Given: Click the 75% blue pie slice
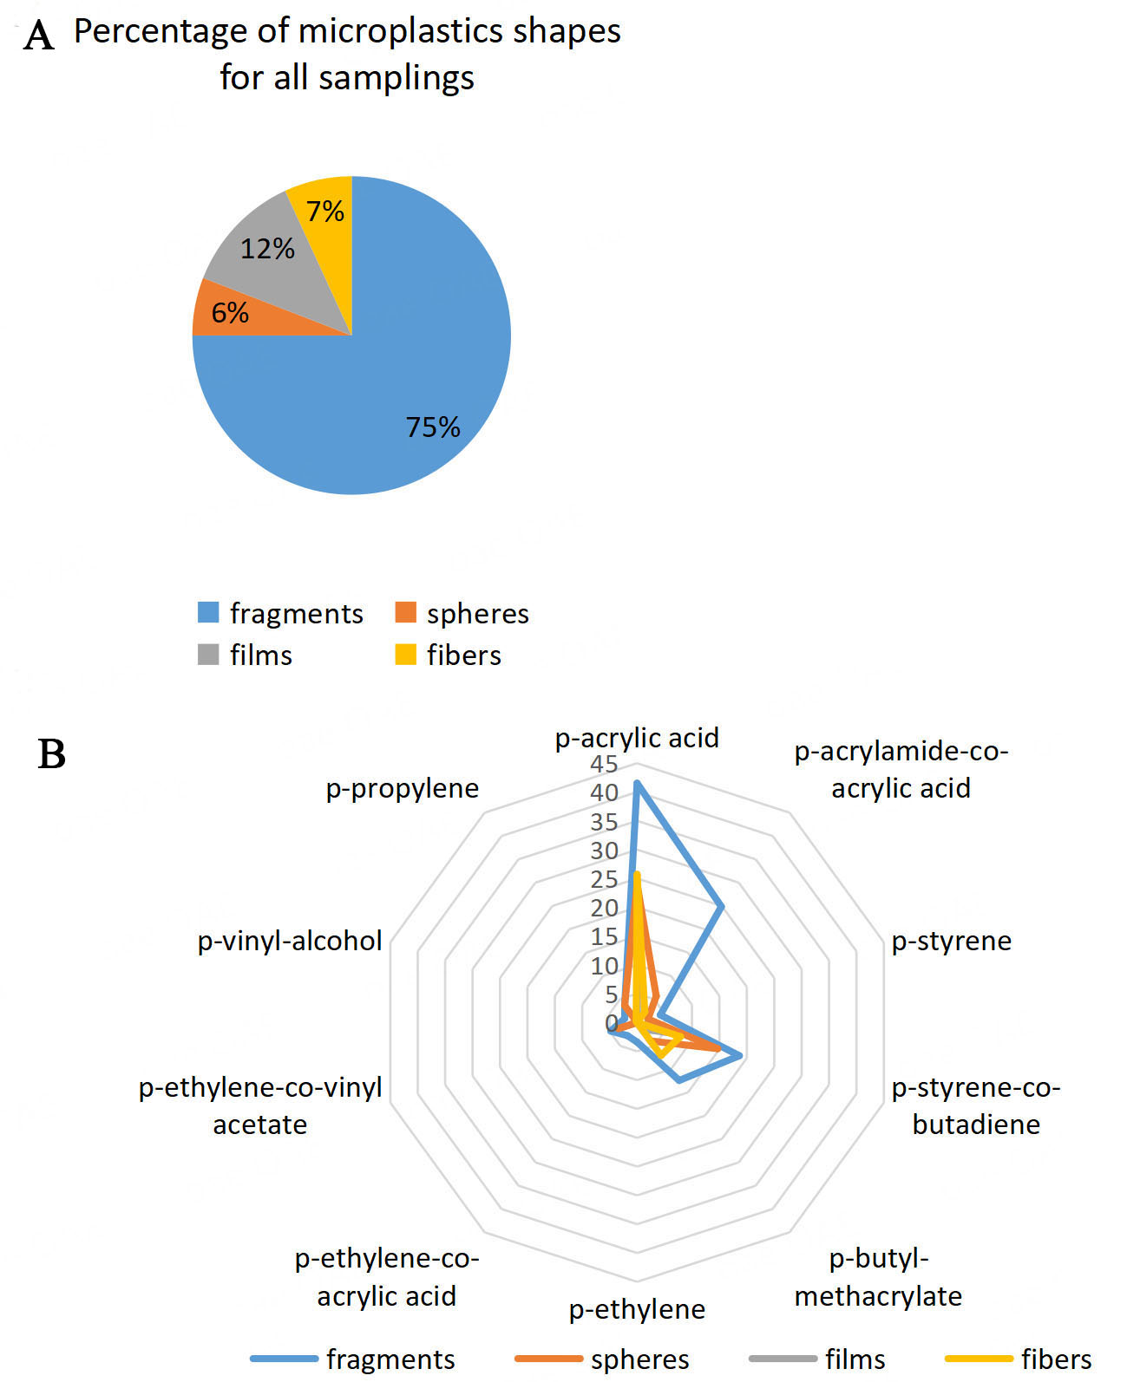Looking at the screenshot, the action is [x=390, y=389].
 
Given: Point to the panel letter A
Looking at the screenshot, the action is [x=38, y=36].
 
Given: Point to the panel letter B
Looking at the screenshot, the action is [x=52, y=754].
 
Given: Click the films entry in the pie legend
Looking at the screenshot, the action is [x=246, y=655].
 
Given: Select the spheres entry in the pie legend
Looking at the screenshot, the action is [x=462, y=614].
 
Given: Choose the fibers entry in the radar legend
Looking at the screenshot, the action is [x=1019, y=1359].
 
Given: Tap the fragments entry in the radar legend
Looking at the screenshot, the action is [x=352, y=1359].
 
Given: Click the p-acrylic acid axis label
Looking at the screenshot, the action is [x=637, y=739].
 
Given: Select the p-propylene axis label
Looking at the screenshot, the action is [x=403, y=789].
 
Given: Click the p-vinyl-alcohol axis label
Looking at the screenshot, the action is [x=290, y=941].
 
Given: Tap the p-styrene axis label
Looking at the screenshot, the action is [x=952, y=941].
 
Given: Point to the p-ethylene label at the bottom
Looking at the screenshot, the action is [x=637, y=1309].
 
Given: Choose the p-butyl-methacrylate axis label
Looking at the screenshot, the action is [x=878, y=1278].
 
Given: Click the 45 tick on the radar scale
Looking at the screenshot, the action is [x=604, y=765].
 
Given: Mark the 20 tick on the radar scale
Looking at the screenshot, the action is [x=604, y=909].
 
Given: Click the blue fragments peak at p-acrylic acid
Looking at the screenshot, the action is [x=637, y=784].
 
